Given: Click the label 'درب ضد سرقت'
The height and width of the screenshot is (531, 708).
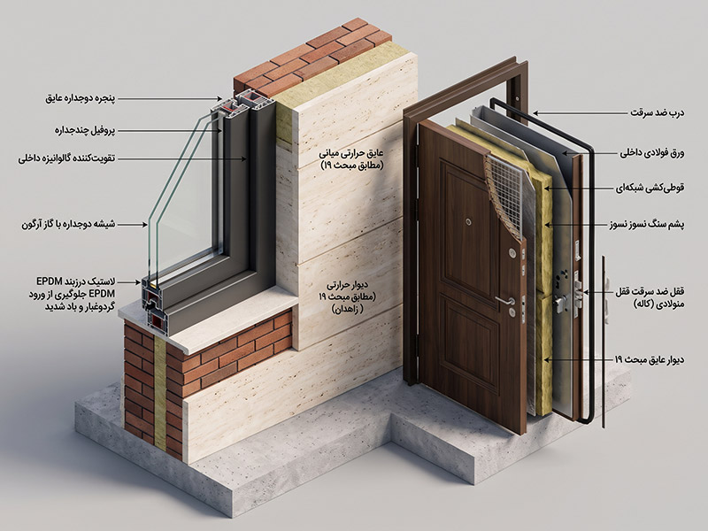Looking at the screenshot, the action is coord(657,113).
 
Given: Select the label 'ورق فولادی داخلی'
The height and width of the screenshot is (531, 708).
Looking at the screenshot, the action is coord(651,153).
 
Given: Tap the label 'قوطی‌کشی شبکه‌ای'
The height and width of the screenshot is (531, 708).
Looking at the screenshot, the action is coord(650,188).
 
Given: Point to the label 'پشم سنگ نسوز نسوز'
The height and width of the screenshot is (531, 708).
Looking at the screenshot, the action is coord(648,225).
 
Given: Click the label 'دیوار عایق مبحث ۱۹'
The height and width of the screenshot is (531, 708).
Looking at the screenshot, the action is coord(650,360).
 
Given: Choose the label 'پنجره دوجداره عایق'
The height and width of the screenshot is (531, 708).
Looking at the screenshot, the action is coord(81,98).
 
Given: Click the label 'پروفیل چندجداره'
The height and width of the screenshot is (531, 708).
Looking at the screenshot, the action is coord(85,131).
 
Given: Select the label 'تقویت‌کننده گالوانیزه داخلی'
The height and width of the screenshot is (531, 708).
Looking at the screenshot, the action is coord(67,159).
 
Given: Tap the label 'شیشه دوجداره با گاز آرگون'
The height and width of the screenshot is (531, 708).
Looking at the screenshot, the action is coord(68,224).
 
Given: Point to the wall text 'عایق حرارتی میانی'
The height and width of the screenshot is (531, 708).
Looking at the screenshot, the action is coord(351,153).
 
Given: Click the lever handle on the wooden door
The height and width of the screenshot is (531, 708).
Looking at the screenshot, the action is coord(505,300).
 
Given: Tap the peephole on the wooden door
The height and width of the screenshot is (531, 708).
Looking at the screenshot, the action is coord(469,222).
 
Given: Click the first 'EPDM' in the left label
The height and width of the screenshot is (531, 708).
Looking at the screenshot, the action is coord(50,281).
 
